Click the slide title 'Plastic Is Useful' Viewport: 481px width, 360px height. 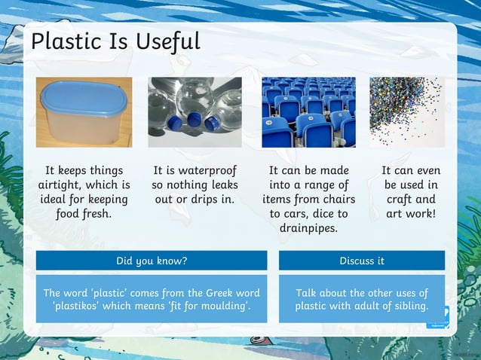(x=115, y=41)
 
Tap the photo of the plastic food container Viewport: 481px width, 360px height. (x=84, y=112)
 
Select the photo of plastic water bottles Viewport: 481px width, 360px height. (x=195, y=112)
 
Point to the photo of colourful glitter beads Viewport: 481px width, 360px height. (x=406, y=112)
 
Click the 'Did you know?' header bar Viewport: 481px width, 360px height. (x=151, y=261)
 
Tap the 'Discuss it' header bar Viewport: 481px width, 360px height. (x=361, y=261)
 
